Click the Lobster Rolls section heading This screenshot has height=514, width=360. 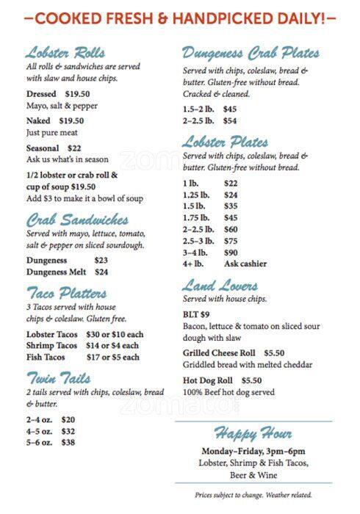coord(65,53)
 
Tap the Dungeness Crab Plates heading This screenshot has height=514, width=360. coord(251,53)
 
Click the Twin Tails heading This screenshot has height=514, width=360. coord(59,379)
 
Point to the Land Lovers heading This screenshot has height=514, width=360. coord(220,286)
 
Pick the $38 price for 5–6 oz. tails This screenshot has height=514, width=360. coord(68,443)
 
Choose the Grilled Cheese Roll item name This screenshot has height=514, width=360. coord(218,352)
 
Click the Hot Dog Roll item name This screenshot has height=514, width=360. coord(208,380)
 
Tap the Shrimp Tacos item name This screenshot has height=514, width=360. coord(51,345)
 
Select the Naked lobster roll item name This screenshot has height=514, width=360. coord(39,120)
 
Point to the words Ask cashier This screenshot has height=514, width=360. coord(245,264)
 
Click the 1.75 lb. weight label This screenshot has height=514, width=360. coord(196,217)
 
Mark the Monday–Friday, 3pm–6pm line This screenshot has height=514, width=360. coord(253,451)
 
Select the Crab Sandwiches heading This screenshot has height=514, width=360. coord(77,220)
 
